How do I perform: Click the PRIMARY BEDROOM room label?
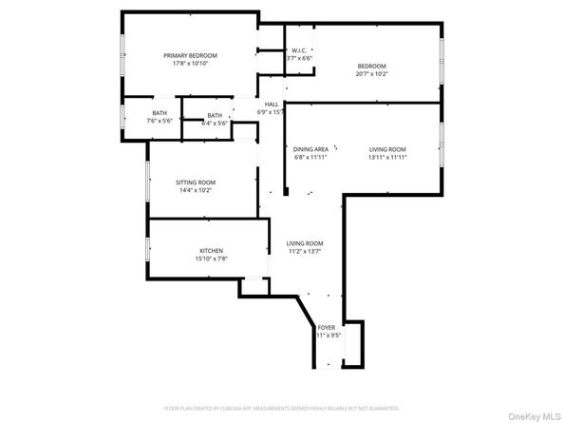click(191, 55)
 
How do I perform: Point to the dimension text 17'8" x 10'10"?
click(191, 64)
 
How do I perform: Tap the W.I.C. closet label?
click(299, 50)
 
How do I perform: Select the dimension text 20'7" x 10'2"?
click(371, 73)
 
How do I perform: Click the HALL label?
click(272, 105)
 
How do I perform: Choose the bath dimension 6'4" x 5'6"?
click(214, 123)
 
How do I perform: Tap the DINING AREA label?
click(310, 149)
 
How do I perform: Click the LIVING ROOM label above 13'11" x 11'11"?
click(387, 149)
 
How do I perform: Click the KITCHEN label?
click(211, 251)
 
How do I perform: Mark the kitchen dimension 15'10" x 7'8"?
click(211, 259)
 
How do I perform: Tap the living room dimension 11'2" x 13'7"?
click(305, 252)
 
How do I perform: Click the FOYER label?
click(326, 327)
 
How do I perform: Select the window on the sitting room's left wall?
click(146, 181)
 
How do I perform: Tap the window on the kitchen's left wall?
click(146, 249)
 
